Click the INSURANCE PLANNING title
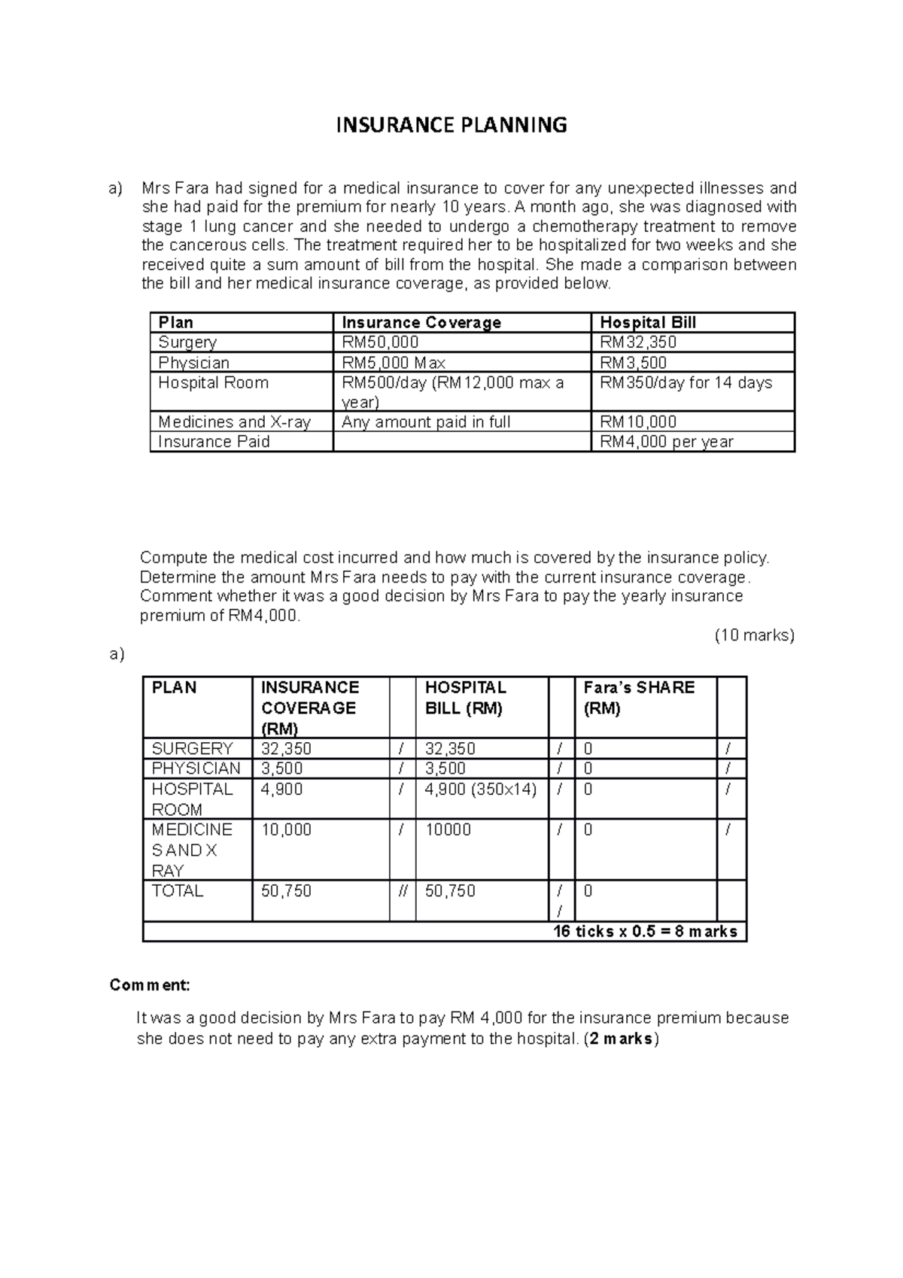coord(451,125)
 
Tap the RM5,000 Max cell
coord(394,363)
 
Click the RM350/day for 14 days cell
coord(686,382)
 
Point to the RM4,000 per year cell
coord(666,442)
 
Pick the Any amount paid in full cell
coord(426,422)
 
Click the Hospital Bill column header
coord(647,323)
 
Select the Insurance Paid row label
coord(214,442)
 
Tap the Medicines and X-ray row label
coord(234,422)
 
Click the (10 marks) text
coord(754,635)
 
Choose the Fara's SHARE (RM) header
coord(639,698)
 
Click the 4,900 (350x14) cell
coord(480,790)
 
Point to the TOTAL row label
coord(178,891)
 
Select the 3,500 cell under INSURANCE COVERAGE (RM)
coord(282,768)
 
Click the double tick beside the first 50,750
coord(403,891)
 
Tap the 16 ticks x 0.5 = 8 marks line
coord(645,932)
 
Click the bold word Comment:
coord(150,985)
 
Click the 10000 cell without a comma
coord(448,830)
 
